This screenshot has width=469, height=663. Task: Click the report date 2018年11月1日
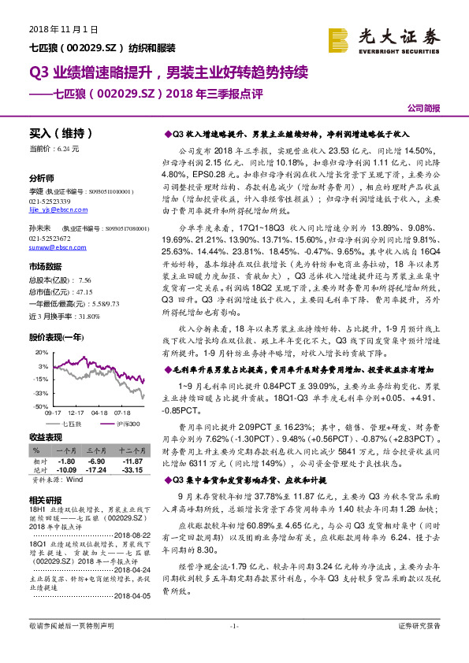click(x=62, y=29)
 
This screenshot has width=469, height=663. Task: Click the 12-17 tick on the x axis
click(x=76, y=412)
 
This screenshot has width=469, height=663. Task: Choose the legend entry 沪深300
click(x=128, y=424)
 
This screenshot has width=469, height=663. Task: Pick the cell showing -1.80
click(x=66, y=461)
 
